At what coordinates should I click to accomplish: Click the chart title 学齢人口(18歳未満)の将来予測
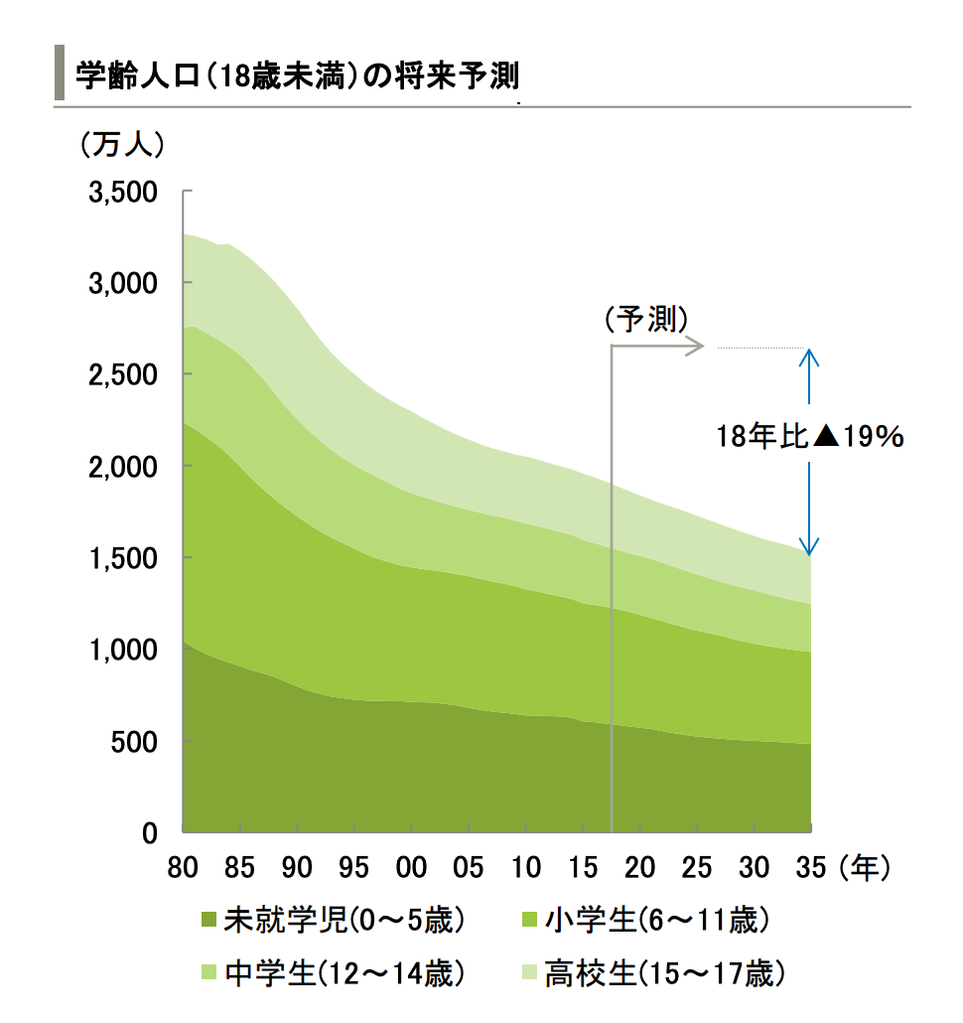click(298, 76)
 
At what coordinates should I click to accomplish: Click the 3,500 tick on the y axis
click(123, 192)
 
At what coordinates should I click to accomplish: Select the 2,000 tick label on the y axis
click(123, 467)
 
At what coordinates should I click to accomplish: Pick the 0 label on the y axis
click(150, 833)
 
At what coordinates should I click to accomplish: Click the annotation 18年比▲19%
click(810, 436)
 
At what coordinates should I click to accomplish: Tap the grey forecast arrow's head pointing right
click(698, 347)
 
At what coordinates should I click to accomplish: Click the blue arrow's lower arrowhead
click(810, 548)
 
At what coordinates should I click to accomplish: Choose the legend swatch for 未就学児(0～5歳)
click(208, 921)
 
